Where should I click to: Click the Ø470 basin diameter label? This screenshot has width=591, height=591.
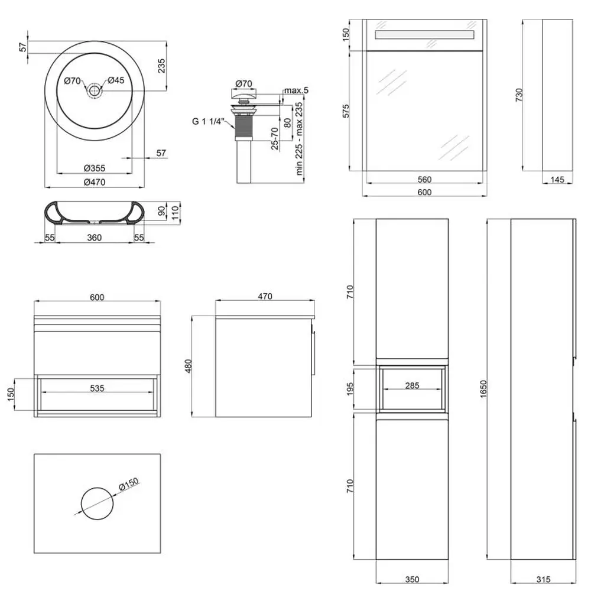click(x=94, y=183)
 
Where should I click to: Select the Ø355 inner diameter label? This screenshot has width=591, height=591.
click(x=94, y=168)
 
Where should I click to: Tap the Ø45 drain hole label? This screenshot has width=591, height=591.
click(x=116, y=81)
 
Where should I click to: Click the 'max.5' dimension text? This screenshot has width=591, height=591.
click(x=296, y=90)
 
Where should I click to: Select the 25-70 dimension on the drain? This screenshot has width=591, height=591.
click(x=275, y=139)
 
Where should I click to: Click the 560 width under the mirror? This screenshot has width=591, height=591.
click(x=424, y=180)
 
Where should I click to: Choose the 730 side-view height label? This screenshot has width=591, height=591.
click(x=519, y=95)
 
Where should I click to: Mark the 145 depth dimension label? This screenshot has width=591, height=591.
click(x=557, y=180)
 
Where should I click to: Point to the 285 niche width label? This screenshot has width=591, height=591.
click(x=412, y=386)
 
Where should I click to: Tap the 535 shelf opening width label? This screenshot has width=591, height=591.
click(x=97, y=388)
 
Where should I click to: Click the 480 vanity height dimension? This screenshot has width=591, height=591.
click(x=189, y=367)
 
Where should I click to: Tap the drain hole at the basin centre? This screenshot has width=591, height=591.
click(x=94, y=90)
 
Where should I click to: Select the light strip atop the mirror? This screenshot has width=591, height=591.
click(x=424, y=36)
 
